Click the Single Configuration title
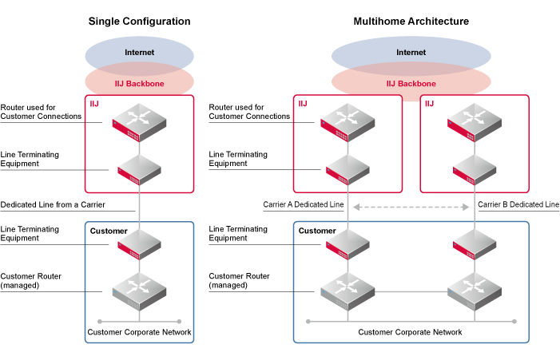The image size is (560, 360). coord(139,21)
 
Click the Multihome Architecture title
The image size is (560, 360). coord(411,21)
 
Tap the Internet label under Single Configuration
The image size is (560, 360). coord(139,53)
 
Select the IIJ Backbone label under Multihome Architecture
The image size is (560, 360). coord(411,83)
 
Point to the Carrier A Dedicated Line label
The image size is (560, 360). coord(304,205)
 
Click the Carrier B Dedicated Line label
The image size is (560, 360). coord(518,205)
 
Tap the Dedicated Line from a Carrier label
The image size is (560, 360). coord(53,205)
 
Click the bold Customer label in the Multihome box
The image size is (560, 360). coord(317,231)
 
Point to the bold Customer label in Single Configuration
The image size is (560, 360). coord(109,231)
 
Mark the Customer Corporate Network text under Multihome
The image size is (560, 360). coord(410,332)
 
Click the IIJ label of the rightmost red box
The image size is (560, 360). coord(430,104)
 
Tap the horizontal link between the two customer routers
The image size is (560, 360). coord(410,294)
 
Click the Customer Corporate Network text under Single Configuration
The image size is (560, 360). coord(139,332)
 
